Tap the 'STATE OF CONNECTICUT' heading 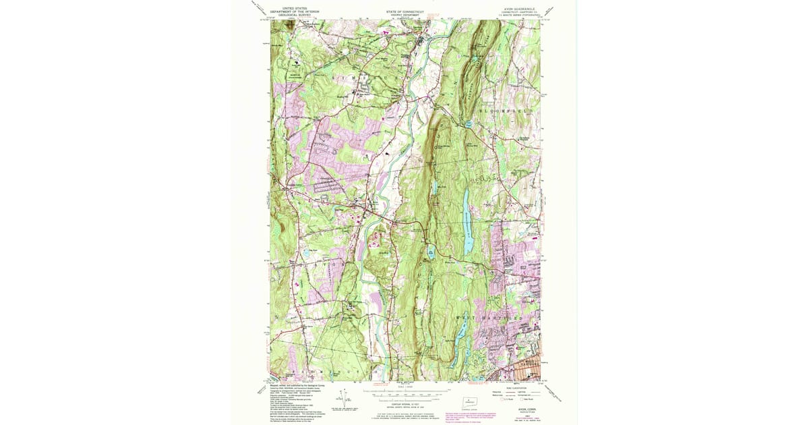pos(404,11)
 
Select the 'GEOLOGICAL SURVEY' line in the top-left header pos(293,15)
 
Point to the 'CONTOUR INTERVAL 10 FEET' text pos(404,403)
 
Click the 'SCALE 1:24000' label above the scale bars pos(404,387)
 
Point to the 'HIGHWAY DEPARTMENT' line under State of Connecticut pos(404,15)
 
